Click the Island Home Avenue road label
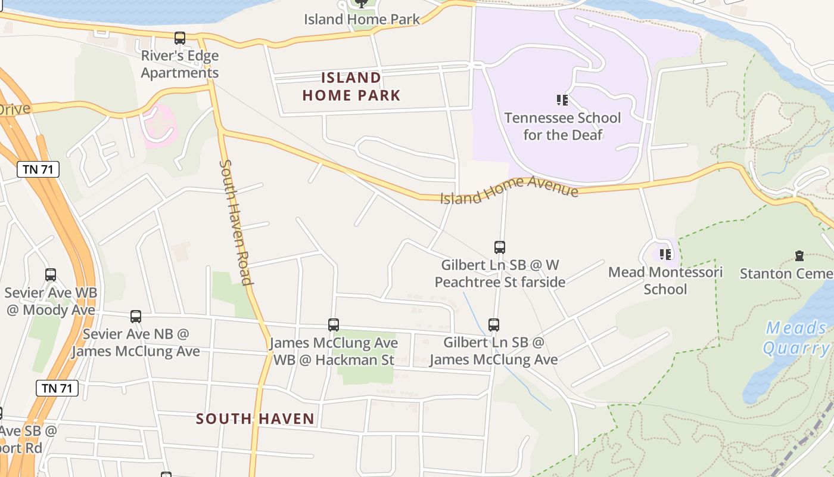tap(509, 190)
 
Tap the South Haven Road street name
tap(235, 222)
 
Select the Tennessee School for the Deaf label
tap(562, 126)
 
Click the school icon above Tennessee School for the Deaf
tap(562, 100)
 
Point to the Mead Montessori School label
tap(665, 281)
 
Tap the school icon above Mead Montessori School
tap(665, 255)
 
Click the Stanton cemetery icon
tap(799, 256)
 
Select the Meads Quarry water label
tap(796, 337)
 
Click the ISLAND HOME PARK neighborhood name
tap(351, 86)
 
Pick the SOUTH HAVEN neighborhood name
tap(255, 419)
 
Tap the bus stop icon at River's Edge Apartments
tap(180, 38)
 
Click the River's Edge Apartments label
tap(180, 64)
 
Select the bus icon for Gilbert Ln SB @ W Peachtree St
tap(500, 247)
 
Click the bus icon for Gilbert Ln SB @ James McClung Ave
tap(494, 325)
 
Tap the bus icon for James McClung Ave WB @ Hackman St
tap(334, 325)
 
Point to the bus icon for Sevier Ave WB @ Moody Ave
tap(51, 275)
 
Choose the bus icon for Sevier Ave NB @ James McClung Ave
tap(136, 317)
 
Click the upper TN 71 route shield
tap(38, 169)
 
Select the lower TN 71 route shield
tap(57, 388)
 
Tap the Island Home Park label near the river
tap(362, 19)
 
